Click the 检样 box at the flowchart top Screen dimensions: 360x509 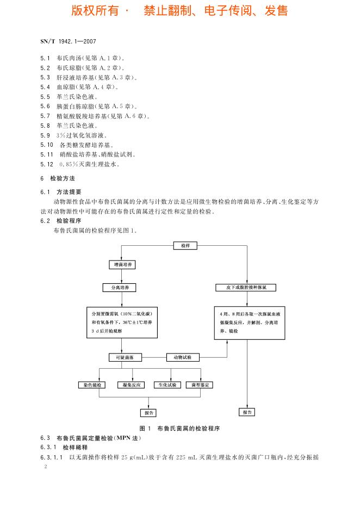pos(185,246)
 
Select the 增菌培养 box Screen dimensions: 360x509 pos(122,265)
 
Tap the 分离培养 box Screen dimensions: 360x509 pos(119,288)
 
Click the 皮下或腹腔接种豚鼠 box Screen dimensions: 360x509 pos(246,288)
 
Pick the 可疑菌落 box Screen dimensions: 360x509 pos(125,357)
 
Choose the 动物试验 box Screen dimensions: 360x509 pos(183,357)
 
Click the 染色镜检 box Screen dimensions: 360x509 pos(92,385)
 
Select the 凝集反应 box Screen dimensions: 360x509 pos(132,385)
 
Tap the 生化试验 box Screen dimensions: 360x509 pos(167,385)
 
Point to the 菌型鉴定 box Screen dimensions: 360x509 pos(200,385)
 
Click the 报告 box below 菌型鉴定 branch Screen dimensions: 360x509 pos(148,413)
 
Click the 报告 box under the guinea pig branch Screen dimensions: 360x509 pos(247,412)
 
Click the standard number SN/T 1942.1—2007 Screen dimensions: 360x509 pos(68,41)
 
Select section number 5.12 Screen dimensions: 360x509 pos(47,164)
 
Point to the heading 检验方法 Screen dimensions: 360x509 pos(63,178)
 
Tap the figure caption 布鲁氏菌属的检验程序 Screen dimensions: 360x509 pos(188,429)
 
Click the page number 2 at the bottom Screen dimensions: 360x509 pos(46,467)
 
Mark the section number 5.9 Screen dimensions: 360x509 pos(45,135)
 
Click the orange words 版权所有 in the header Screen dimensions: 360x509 pos(95,11)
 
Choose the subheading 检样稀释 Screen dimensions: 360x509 pos(75,448)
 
